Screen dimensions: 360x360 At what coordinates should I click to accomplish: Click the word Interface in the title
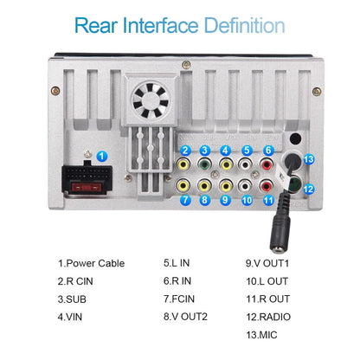[x=161, y=25]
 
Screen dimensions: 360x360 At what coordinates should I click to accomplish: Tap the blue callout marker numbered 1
[x=101, y=157]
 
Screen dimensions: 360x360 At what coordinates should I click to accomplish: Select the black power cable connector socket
[x=87, y=178]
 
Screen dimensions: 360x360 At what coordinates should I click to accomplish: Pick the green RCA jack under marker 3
[x=204, y=164]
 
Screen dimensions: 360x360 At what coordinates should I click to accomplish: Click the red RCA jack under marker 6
[x=267, y=164]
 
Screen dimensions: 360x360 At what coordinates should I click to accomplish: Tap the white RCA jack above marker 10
[x=246, y=186]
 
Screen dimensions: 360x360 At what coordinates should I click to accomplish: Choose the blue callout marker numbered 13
[x=309, y=159]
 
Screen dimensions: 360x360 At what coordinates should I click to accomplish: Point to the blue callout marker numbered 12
[x=308, y=189]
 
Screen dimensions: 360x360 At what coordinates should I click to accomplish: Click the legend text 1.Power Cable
[x=91, y=263]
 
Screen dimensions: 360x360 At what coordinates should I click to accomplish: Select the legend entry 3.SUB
[x=72, y=299]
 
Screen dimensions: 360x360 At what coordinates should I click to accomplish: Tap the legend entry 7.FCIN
[x=179, y=299]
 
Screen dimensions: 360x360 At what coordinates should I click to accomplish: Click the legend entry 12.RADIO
[x=268, y=317]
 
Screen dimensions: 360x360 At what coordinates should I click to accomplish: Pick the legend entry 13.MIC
[x=261, y=335]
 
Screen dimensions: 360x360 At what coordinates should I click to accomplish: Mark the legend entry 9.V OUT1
[x=267, y=263]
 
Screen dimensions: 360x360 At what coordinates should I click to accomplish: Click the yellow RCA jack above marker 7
[x=183, y=186]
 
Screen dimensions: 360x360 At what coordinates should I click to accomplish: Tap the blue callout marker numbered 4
[x=225, y=151]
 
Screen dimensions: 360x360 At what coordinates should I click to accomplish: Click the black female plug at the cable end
[x=280, y=234]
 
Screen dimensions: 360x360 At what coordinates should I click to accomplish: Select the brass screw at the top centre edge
[x=186, y=65]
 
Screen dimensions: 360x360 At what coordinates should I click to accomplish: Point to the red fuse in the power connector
[x=87, y=188]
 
